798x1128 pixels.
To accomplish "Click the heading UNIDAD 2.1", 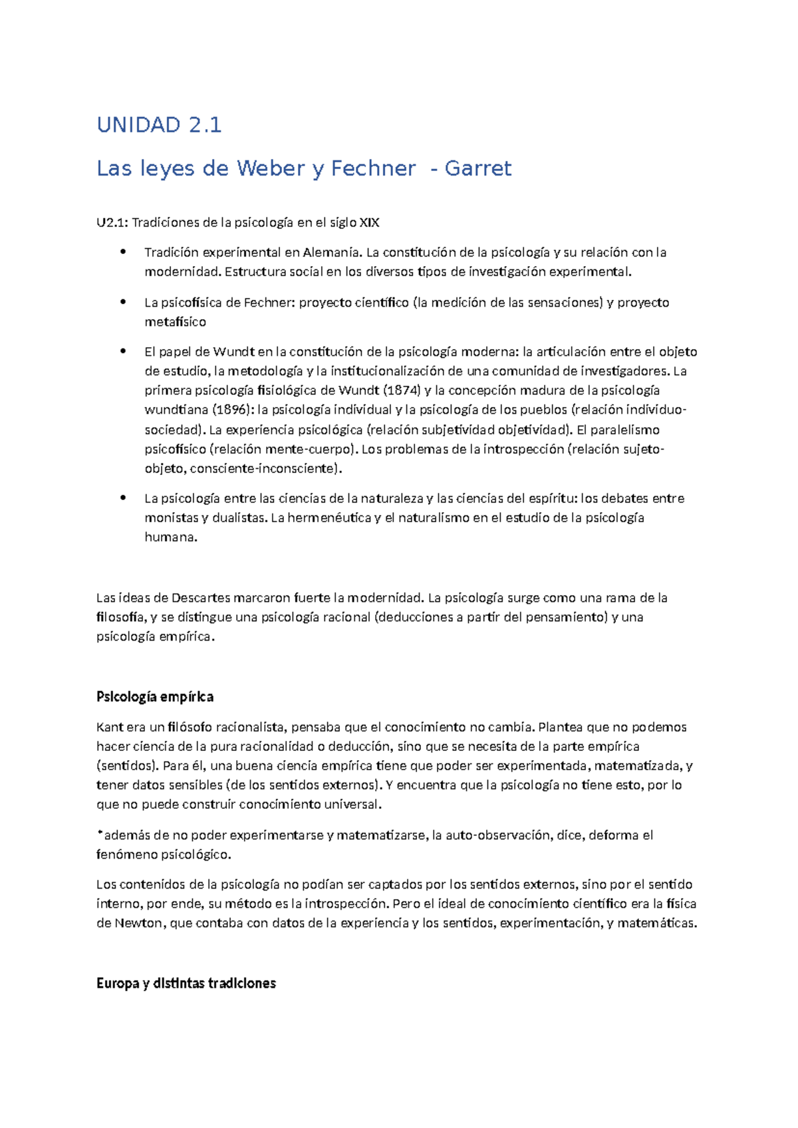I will click(x=159, y=124).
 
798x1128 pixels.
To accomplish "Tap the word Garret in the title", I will click(x=478, y=168).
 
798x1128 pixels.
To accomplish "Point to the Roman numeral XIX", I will click(x=369, y=223).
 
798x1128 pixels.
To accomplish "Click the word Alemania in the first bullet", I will click(x=332, y=253).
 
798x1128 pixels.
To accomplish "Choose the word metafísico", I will click(x=176, y=322).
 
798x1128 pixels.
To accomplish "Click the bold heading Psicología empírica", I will click(x=155, y=697).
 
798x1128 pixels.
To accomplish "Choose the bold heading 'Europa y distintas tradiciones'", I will click(x=186, y=984).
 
